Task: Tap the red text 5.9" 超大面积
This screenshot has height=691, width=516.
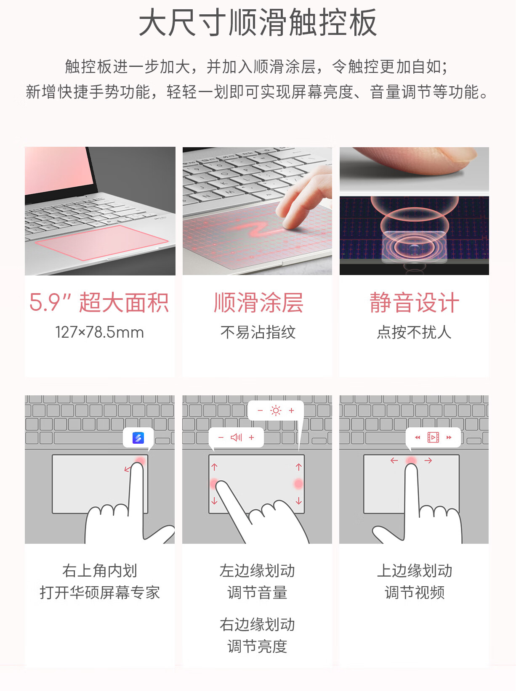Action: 99,302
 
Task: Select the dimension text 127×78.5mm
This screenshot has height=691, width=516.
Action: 100,332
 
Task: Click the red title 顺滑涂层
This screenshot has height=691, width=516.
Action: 258,302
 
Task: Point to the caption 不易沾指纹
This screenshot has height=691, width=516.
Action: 258,332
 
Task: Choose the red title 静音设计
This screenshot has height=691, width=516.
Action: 414,302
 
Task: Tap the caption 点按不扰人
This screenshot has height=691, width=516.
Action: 414,332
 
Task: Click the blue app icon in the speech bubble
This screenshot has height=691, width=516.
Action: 138,437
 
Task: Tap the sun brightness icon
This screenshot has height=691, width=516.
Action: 276,410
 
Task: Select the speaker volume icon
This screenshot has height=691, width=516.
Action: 236,437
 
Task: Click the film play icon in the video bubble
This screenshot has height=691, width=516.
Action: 433,437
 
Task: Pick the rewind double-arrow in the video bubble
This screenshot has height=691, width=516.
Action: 418,437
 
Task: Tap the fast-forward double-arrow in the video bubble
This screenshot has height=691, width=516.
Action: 449,437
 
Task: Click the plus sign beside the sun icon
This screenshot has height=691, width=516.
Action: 291,410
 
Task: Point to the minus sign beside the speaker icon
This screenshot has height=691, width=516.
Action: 221,437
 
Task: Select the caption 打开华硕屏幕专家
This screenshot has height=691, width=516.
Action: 100,593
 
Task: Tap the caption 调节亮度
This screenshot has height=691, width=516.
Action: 257,646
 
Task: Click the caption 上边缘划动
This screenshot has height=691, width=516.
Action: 415,570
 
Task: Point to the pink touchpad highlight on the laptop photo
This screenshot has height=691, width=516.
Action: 101,242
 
